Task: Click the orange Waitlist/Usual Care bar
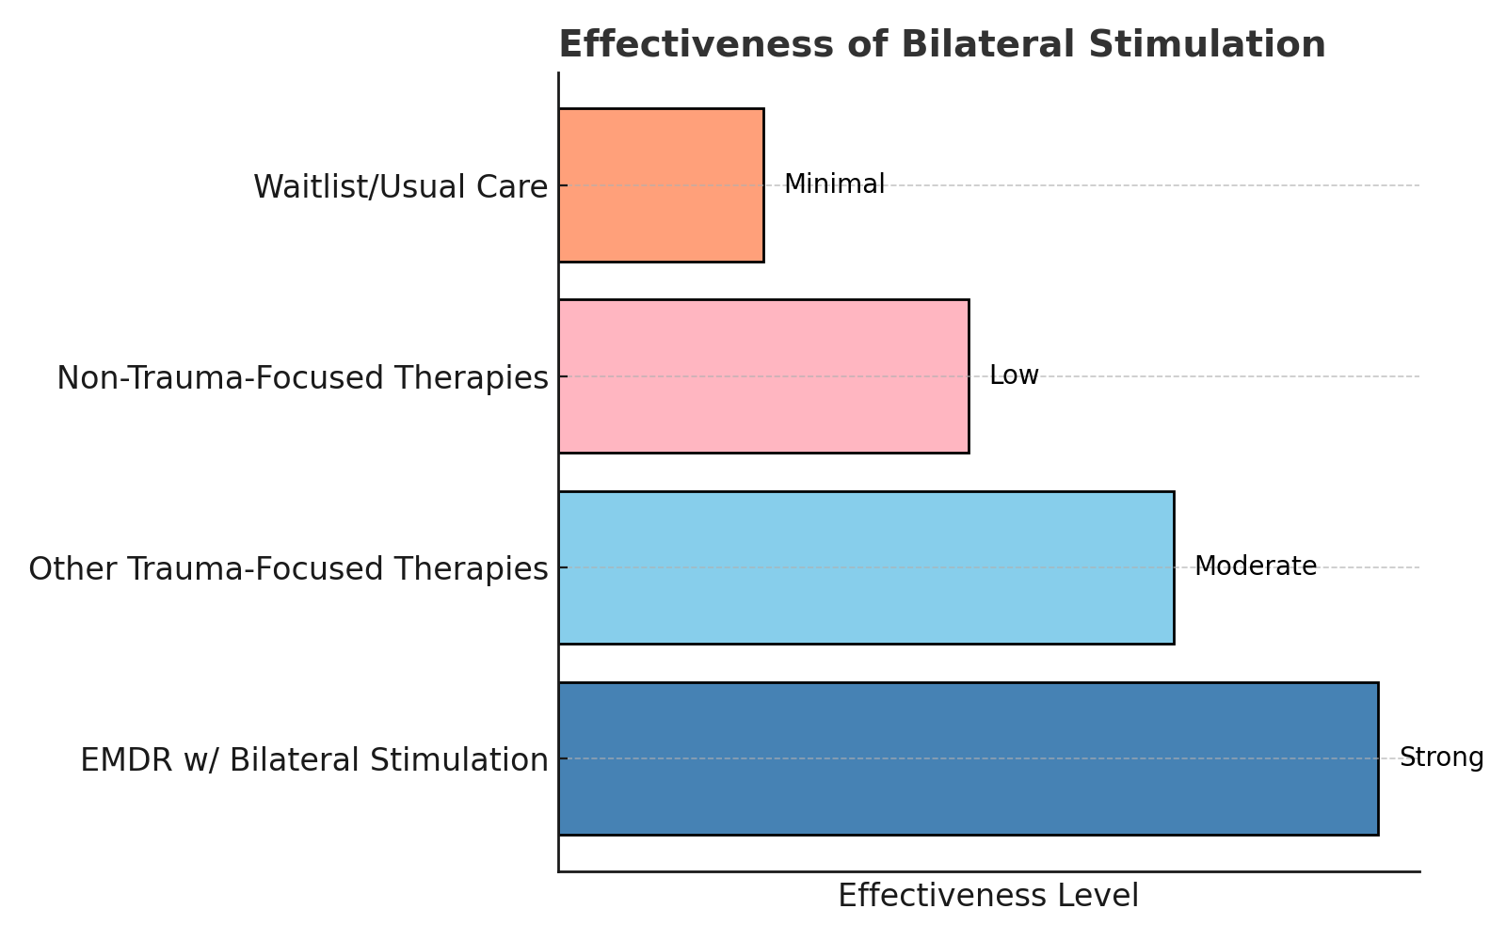pos(661,185)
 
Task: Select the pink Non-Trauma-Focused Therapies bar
pos(763,376)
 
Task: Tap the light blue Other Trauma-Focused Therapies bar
pos(866,567)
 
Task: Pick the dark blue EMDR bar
pos(968,758)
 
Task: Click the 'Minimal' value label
pos(834,184)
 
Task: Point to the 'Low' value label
pos(1014,375)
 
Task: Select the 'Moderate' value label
pos(1256,566)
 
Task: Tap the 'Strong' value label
pos(1441,758)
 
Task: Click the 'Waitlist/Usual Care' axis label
pos(400,187)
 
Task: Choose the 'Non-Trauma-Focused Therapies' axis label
pos(302,378)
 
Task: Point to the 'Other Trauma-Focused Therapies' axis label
pos(288,569)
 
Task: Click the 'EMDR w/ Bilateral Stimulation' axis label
pos(313,760)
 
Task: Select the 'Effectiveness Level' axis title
pos(988,896)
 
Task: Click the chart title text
pos(941,45)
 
